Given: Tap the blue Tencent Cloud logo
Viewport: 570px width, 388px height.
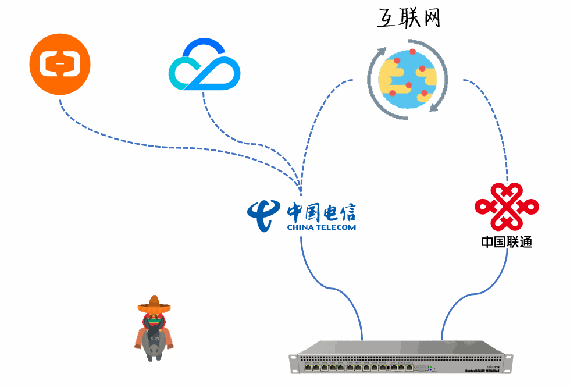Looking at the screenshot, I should tap(204, 65).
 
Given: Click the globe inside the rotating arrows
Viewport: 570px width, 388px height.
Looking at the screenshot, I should tap(408, 77).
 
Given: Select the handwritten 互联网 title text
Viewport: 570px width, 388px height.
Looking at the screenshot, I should tap(408, 19).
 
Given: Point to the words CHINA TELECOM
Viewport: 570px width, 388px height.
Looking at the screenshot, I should tap(321, 227).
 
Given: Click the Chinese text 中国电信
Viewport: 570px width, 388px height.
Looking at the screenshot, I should tap(321, 211).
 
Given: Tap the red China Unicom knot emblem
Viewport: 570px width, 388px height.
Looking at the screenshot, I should tap(506, 207).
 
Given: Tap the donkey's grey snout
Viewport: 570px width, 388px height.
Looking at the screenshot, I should tap(154, 350).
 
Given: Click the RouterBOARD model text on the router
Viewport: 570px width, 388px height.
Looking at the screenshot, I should tap(485, 371).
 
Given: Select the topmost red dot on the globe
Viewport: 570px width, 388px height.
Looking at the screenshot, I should tap(413, 52).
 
